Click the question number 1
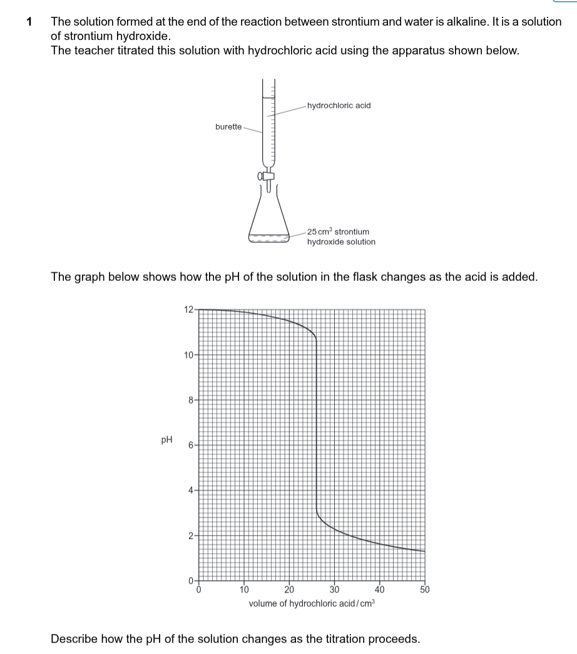tap(29, 22)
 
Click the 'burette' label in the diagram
tap(228, 126)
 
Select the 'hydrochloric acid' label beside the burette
tap(339, 105)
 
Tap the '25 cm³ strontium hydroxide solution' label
tap(341, 237)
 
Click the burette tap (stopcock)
tap(268, 177)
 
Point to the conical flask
tap(268, 222)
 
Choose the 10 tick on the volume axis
tap(244, 590)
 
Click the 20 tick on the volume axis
tap(288, 590)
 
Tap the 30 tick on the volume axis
tap(334, 590)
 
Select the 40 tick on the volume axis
tap(379, 590)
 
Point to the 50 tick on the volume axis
tap(424, 590)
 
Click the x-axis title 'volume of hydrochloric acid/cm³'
tap(312, 604)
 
